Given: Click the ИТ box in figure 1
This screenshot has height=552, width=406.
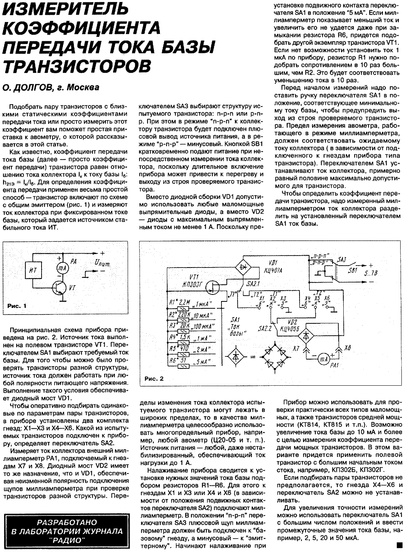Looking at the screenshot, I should (33, 271).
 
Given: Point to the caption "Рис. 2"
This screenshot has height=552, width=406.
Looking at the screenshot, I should (154, 378).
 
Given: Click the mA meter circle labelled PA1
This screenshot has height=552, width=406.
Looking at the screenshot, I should (323, 359).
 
